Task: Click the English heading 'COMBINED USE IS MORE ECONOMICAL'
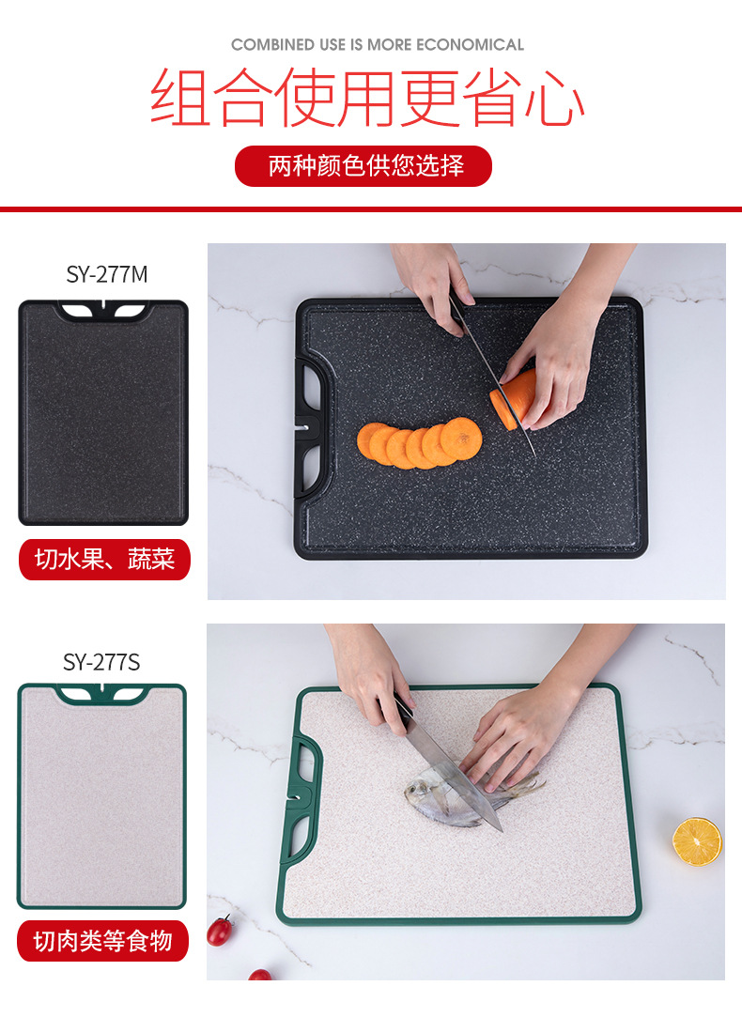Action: pos(377,45)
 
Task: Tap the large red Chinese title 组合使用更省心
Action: pos(367,98)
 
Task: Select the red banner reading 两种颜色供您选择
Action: pos(363,166)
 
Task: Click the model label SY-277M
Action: pos(107,274)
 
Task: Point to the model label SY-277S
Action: pos(101,662)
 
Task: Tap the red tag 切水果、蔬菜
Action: pos(104,560)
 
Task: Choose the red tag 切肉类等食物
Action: pos(103,941)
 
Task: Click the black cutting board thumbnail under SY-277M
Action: pos(103,413)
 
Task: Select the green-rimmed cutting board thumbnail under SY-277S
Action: pos(101,796)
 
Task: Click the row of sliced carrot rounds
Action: pos(419,443)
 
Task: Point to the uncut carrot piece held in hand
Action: pos(514,399)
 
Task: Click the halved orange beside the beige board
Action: pos(697,841)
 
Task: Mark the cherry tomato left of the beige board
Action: pos(220,931)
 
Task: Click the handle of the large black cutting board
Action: pos(312,426)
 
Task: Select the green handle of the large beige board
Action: pos(302,798)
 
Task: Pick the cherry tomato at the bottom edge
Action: pos(260,975)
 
